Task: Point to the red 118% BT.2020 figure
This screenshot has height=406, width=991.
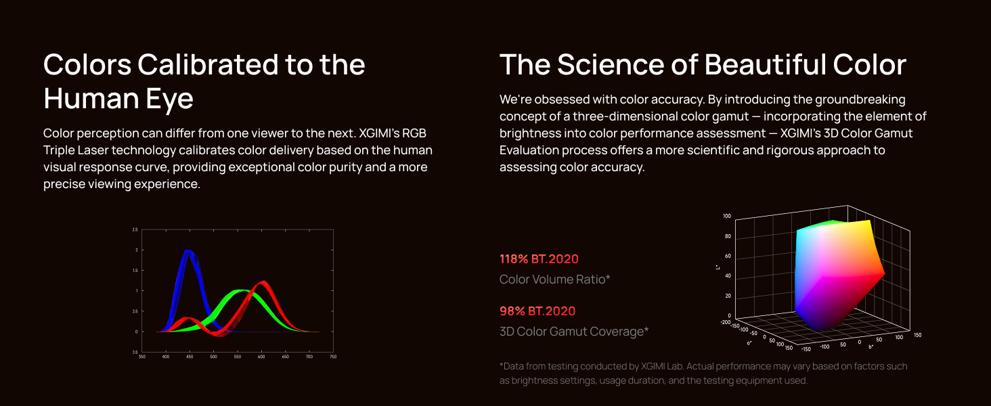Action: click(539, 259)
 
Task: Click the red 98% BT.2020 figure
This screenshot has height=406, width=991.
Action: click(537, 311)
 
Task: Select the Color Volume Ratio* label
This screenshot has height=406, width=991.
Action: click(554, 279)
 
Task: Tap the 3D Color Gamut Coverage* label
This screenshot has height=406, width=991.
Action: click(574, 332)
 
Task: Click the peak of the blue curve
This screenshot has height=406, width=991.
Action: click(189, 251)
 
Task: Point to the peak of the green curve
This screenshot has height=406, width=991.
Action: click(239, 291)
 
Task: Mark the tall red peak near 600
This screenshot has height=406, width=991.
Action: click(262, 282)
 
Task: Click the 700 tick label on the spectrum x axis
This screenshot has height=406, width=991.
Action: click(309, 357)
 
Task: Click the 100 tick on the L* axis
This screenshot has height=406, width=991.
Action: click(727, 217)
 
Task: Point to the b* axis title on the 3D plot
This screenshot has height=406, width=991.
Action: click(871, 347)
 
